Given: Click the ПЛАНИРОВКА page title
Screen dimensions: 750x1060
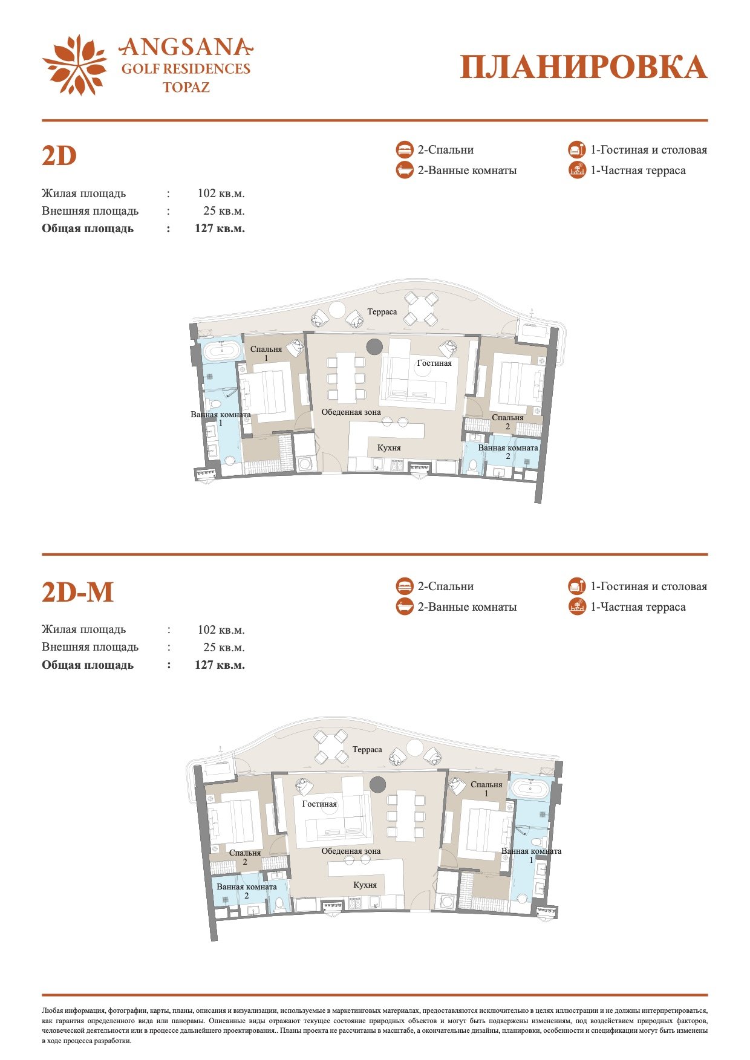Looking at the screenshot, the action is [583, 67].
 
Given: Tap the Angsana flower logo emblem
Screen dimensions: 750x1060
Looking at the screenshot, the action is [74, 65].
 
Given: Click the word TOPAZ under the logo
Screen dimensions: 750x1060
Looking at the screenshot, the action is [186, 87].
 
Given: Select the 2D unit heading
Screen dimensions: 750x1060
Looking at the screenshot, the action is [59, 155].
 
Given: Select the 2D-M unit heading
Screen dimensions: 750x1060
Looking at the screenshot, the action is [77, 592].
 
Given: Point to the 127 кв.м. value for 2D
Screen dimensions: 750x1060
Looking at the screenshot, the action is [220, 229].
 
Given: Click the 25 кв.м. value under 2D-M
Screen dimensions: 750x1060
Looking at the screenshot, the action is [224, 648].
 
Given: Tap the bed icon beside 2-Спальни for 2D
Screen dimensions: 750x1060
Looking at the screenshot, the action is [405, 150].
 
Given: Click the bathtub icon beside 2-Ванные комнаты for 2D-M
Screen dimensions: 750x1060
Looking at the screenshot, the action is [405, 606].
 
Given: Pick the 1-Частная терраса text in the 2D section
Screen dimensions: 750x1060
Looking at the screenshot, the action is [638, 171].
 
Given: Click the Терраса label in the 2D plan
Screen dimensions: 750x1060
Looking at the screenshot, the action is [382, 312].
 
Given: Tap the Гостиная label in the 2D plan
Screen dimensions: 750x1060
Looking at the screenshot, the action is [434, 363].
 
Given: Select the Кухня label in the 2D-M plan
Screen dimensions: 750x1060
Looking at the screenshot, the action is [365, 885].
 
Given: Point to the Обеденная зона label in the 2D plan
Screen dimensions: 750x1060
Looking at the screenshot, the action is [351, 412].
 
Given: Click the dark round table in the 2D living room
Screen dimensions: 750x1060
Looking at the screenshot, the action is [374, 346].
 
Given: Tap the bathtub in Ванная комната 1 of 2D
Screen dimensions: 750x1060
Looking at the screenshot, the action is [221, 351].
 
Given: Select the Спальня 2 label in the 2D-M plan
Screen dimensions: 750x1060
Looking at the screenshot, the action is [245, 857].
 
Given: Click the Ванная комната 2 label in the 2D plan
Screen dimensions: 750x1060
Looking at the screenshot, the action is [508, 452].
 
